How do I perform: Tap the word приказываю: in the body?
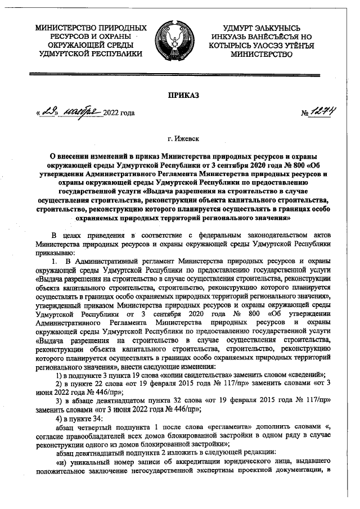(55, 253)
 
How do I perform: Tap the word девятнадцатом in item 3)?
(116, 399)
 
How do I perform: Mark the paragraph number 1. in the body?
(54, 262)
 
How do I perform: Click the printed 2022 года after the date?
(120, 114)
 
